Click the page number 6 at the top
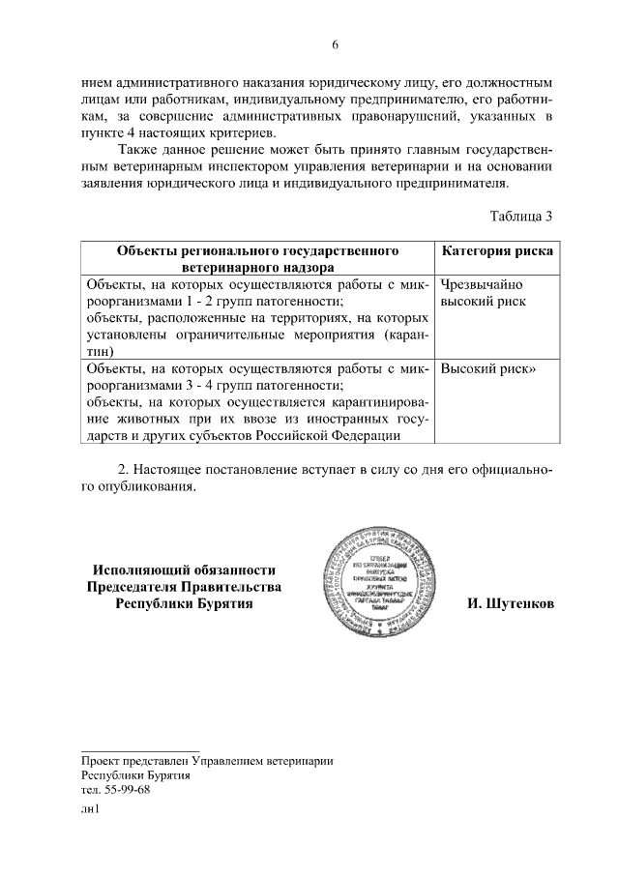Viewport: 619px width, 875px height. (x=335, y=44)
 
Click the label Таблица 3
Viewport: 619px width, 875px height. (x=521, y=216)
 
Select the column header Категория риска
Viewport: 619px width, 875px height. (x=497, y=251)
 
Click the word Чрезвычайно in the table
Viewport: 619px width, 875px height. (x=481, y=285)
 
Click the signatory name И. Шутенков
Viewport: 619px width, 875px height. (x=510, y=603)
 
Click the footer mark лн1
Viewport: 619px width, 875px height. (x=90, y=810)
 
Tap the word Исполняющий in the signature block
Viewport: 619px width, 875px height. (x=142, y=570)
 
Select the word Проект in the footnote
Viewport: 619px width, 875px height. (x=101, y=760)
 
